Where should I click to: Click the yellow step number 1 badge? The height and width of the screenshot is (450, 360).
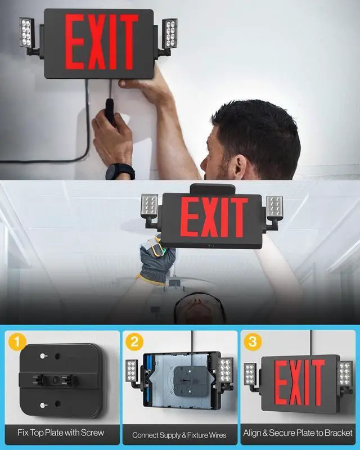tap(16, 341)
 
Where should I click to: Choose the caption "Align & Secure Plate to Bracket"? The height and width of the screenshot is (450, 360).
tap(298, 433)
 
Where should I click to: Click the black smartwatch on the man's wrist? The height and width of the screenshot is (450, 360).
tap(120, 171)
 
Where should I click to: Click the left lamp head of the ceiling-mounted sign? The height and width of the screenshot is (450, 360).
tap(150, 206)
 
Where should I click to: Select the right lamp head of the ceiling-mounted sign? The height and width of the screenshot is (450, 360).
tap(274, 206)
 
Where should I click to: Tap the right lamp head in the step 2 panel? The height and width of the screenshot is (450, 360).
tap(226, 370)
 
